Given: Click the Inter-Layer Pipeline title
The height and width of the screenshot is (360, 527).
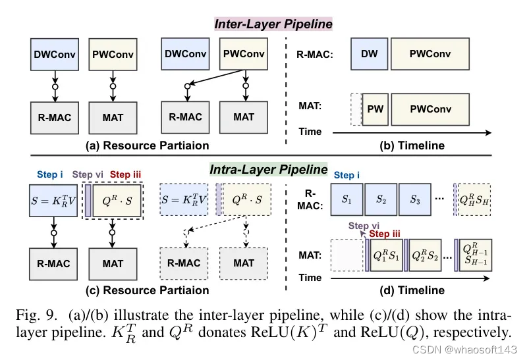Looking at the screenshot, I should point(273,24).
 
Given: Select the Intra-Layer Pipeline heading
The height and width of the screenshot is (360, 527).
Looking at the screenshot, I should point(268,169).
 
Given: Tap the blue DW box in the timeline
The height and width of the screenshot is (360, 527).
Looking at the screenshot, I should point(370,55).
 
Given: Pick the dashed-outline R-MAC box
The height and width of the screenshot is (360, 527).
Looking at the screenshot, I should point(185,263).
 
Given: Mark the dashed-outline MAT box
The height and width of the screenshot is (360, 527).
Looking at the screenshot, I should point(244,263).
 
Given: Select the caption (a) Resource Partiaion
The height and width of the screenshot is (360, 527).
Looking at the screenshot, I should point(148,145).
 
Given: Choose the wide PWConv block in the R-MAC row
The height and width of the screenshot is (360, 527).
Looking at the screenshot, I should point(430,55).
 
